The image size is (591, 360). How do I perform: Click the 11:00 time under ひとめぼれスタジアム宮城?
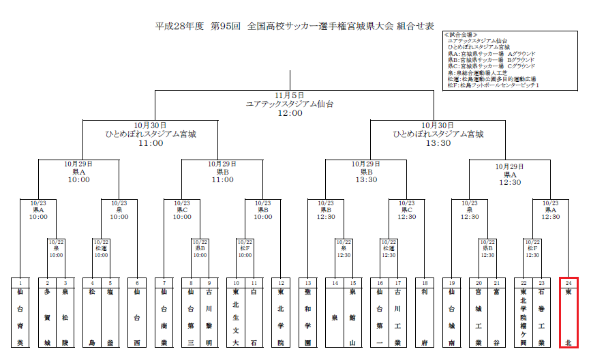pos(151,143)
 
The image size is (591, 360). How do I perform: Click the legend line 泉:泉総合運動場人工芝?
pos(478,72)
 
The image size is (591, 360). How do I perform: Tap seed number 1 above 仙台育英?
pos(21,282)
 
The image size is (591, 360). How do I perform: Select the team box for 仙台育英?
pos(21,316)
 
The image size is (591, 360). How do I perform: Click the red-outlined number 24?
pos(569,282)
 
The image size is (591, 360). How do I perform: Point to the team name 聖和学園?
pos(308,316)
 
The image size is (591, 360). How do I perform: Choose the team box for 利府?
pos(425,316)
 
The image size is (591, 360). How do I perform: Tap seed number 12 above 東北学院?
pos(281,282)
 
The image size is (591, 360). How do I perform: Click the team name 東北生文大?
pos(236,316)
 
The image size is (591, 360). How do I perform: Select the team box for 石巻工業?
pos(541,316)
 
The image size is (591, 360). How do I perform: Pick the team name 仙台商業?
pos(164,316)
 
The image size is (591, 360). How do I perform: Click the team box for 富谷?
pos(497,316)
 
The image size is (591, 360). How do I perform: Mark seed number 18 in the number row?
pos(425,282)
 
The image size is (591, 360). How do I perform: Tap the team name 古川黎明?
pos(209,316)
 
